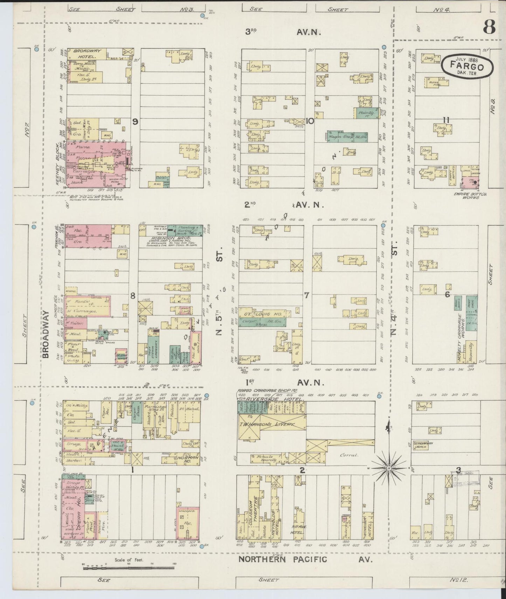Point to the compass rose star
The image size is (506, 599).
[x=389, y=468]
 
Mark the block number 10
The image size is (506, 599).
[x=309, y=122]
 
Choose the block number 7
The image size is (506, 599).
[x=306, y=295]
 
